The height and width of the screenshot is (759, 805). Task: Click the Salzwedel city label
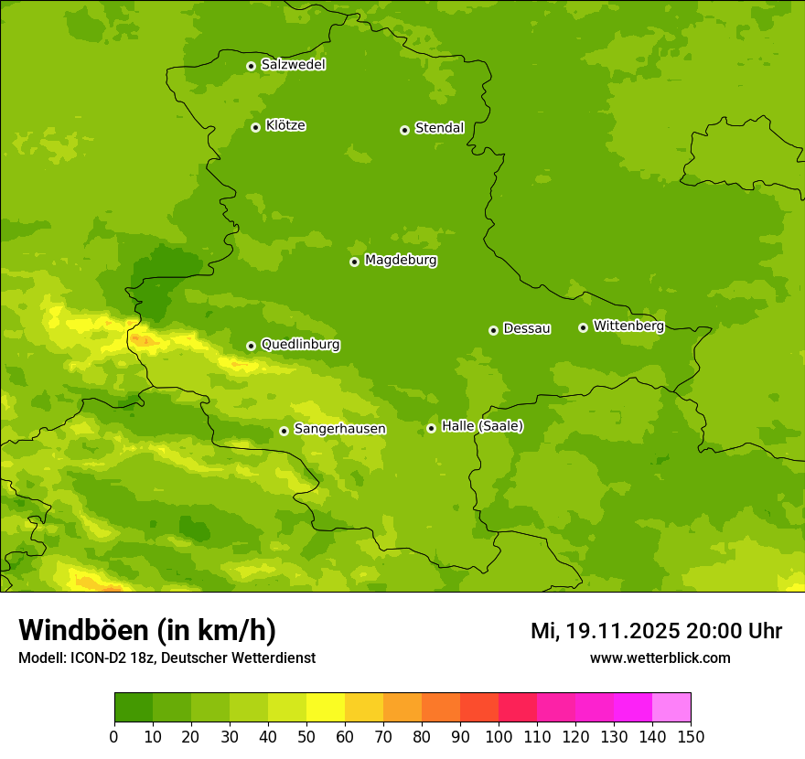pyautogui.click(x=293, y=65)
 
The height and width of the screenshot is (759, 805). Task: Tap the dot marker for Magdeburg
pyautogui.click(x=354, y=262)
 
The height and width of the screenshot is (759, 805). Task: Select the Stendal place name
pyautogui.click(x=439, y=128)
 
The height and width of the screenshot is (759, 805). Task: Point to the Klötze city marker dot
pyautogui.click(x=255, y=127)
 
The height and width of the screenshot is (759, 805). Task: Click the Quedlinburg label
pyautogui.click(x=300, y=345)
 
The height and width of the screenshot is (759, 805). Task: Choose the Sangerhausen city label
pyautogui.click(x=339, y=429)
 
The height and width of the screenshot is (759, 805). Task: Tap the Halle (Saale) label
pyautogui.click(x=482, y=426)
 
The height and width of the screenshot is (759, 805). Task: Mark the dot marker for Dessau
pyautogui.click(x=493, y=330)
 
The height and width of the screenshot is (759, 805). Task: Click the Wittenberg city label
pyautogui.click(x=628, y=326)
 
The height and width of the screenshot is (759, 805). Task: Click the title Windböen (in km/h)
pyautogui.click(x=147, y=630)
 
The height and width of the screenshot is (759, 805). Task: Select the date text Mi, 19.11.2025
pyautogui.click(x=604, y=631)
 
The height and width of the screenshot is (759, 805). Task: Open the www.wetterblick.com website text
pyautogui.click(x=660, y=657)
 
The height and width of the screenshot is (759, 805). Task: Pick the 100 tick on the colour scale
pyautogui.click(x=499, y=736)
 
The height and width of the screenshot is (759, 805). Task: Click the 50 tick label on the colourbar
pyautogui.click(x=306, y=736)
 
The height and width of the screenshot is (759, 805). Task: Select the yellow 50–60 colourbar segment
pyautogui.click(x=326, y=707)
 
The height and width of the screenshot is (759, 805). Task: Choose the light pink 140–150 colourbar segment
pyautogui.click(x=671, y=707)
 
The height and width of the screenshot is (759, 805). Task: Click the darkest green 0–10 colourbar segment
pyautogui.click(x=134, y=707)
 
